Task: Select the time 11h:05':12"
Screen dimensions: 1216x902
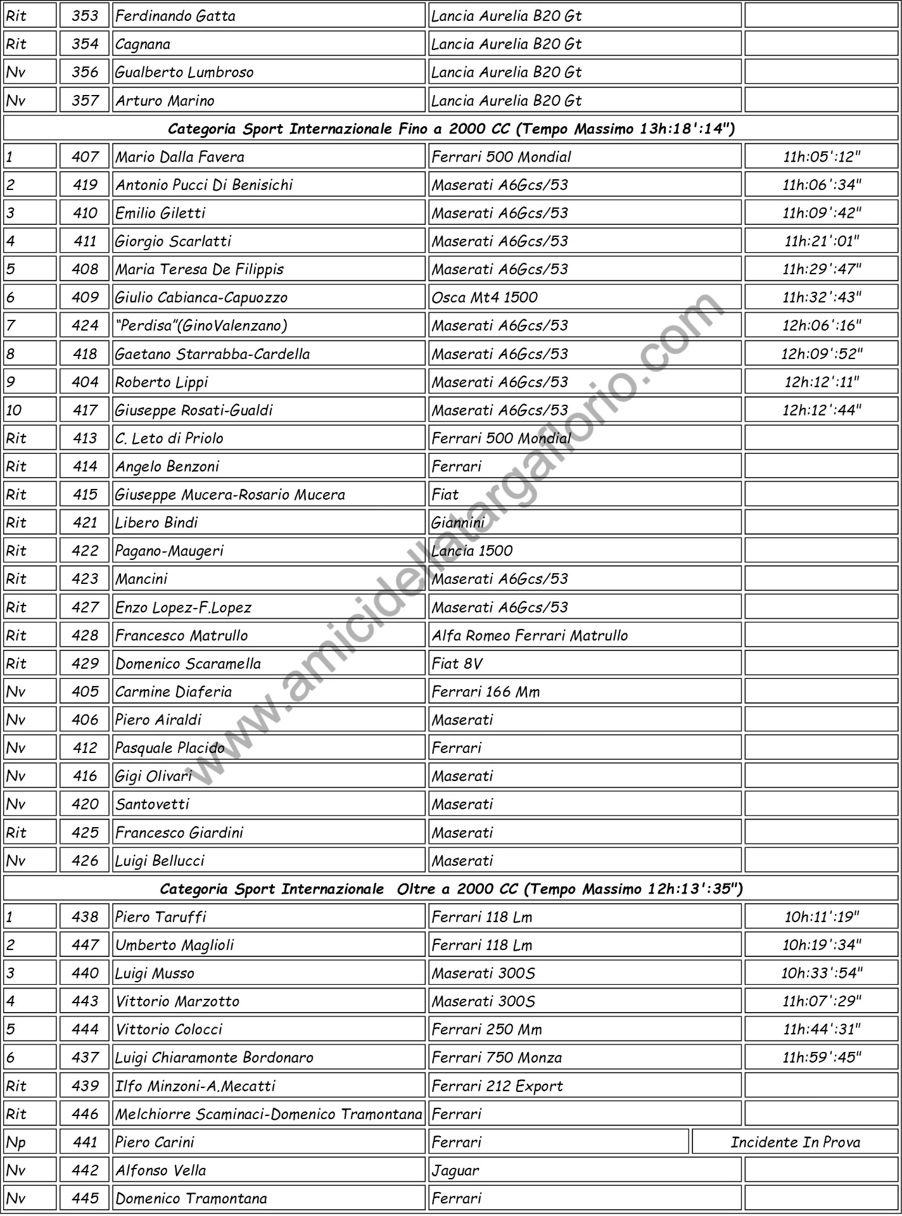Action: (822, 156)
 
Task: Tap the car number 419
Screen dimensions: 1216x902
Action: (85, 185)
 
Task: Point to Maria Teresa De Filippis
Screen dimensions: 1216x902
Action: (200, 269)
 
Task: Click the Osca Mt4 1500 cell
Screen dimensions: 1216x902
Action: (485, 298)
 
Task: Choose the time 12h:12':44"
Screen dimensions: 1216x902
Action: (822, 410)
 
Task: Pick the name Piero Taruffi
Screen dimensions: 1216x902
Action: (161, 916)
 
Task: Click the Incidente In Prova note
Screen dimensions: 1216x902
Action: (795, 1142)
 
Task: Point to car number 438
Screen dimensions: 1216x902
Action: (85, 916)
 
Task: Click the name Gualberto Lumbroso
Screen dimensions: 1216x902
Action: (184, 72)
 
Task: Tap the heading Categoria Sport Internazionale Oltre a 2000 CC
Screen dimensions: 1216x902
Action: (451, 889)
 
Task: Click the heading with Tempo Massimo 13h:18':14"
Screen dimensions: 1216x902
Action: (451, 129)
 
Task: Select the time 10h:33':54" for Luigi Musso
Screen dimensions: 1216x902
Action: (822, 973)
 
